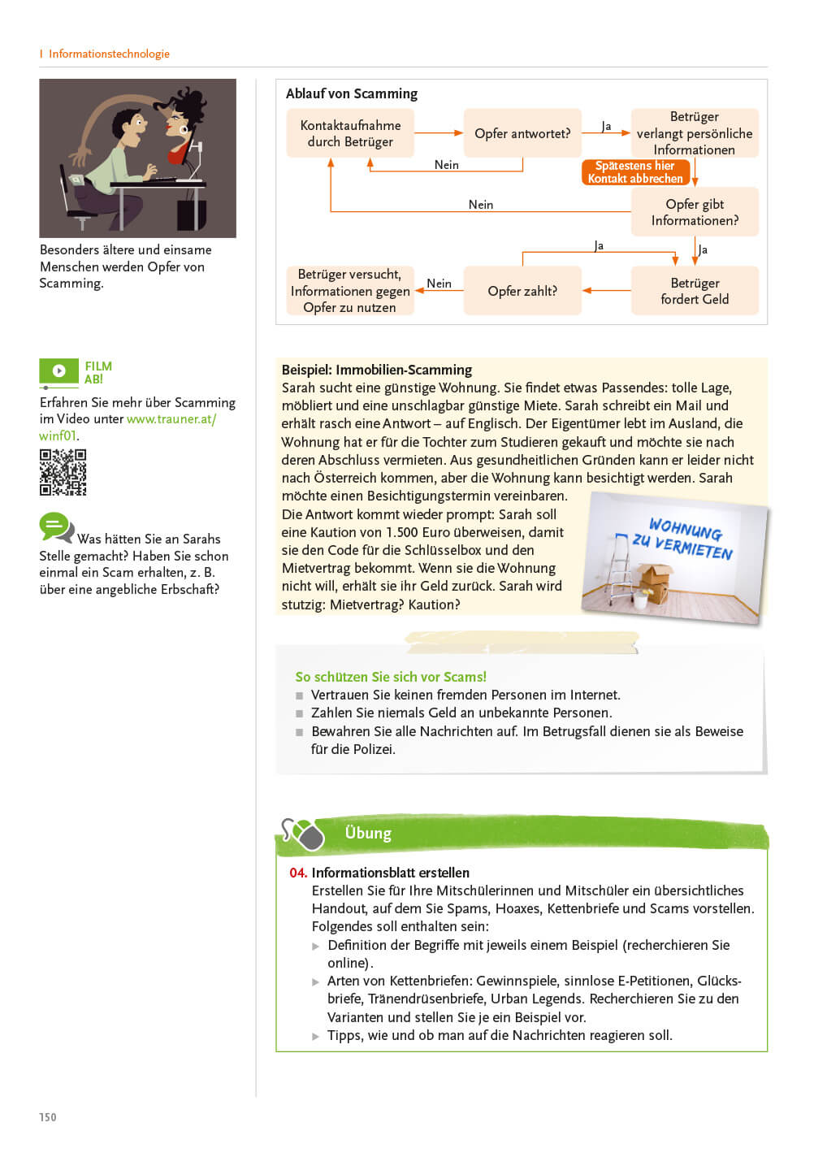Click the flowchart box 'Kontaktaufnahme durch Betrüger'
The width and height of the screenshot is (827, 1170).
click(350, 133)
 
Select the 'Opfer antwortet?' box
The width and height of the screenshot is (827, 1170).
click(522, 133)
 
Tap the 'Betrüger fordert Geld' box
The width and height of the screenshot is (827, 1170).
click(695, 291)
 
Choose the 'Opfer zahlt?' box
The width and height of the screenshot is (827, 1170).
click(522, 291)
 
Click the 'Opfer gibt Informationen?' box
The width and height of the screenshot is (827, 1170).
click(695, 212)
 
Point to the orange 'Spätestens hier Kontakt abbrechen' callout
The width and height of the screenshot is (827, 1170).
click(635, 172)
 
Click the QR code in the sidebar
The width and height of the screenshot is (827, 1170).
click(63, 472)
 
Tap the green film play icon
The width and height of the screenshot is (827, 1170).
click(58, 371)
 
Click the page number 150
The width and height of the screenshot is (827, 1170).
click(48, 1117)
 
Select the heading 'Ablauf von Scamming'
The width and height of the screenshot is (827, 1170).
click(352, 93)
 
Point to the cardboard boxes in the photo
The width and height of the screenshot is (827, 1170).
click(655, 582)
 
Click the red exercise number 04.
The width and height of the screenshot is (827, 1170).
click(297, 873)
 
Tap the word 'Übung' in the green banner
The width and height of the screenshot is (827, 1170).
click(368, 833)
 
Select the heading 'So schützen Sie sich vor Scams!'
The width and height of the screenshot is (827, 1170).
click(391, 677)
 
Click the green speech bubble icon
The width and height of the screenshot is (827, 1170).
click(55, 526)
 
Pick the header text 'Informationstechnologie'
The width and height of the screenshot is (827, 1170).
click(109, 54)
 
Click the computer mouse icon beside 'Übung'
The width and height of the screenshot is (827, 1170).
click(306, 834)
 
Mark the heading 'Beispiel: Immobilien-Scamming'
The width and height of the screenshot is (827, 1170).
click(377, 370)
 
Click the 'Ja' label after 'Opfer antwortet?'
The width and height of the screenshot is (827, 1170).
click(606, 126)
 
